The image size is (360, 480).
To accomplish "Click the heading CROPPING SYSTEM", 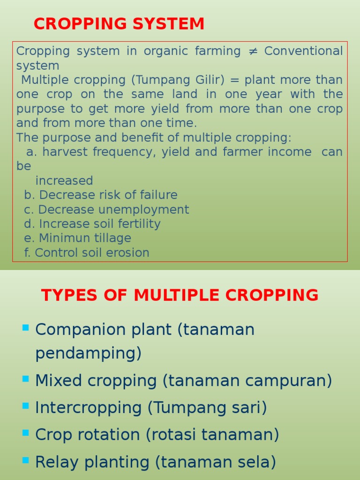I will click(x=119, y=24).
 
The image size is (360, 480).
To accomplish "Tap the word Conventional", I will click(x=303, y=51).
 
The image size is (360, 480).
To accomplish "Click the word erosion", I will click(x=132, y=253).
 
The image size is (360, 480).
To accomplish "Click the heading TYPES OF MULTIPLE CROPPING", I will click(x=180, y=295).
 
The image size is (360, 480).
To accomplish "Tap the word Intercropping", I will click(x=88, y=408).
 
